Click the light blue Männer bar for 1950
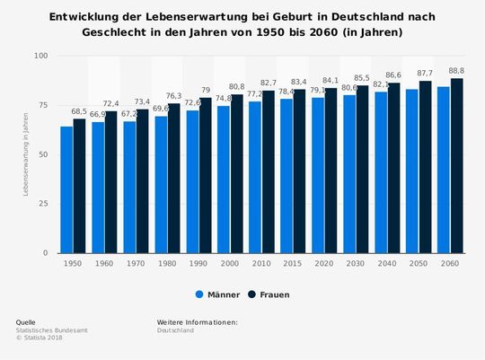[66, 189]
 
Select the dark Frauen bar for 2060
[457, 166]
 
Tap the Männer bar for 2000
[224, 180]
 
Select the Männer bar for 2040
[381, 172]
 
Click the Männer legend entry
[218, 294]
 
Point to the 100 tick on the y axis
[40, 56]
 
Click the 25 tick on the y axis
[43, 204]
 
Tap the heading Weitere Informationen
[197, 321]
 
